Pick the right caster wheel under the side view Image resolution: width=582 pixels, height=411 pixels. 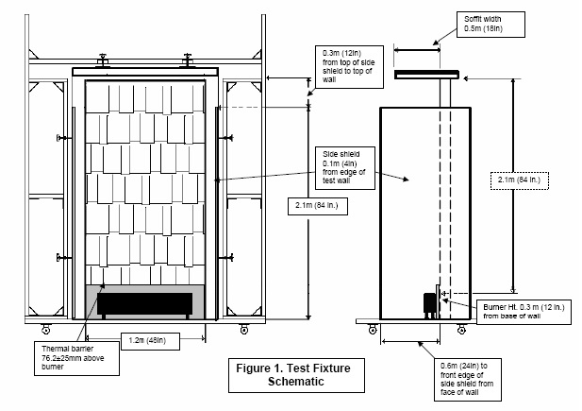pyautogui.click(x=460, y=330)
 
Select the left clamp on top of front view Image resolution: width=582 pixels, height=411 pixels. pyautogui.click(x=108, y=60)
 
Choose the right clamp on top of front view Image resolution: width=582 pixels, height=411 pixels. pyautogui.click(x=190, y=60)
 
